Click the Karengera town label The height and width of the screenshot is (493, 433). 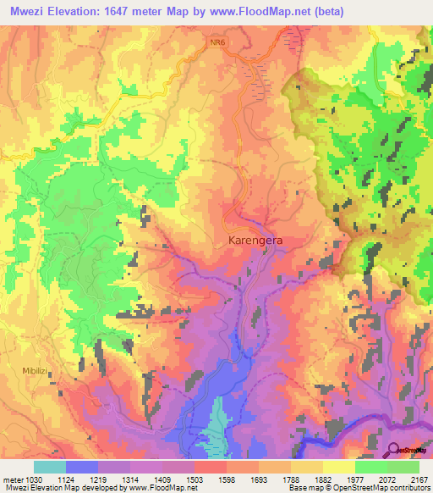[x=255, y=241]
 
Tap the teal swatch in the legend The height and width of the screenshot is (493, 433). [x=49, y=467]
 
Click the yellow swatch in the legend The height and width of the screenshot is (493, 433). [x=338, y=467]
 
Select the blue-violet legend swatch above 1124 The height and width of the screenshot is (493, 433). [x=81, y=467]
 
